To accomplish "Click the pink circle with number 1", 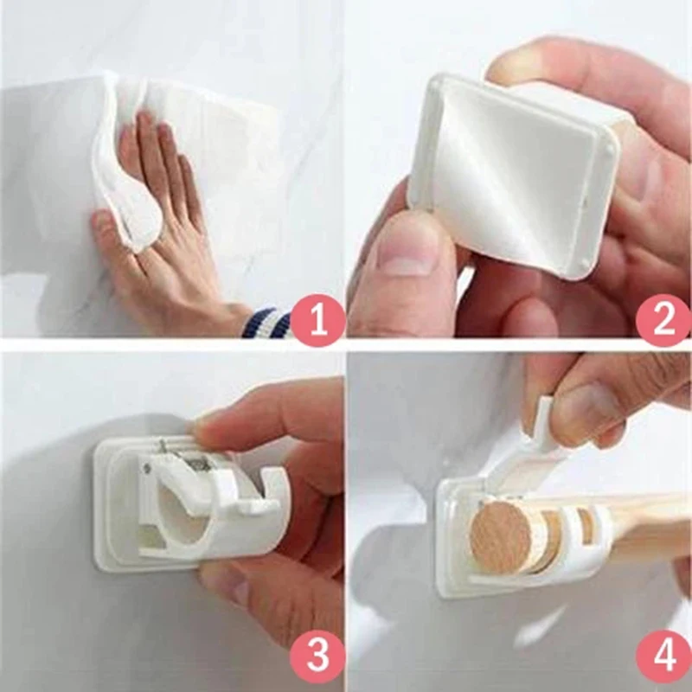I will click(x=317, y=321).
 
